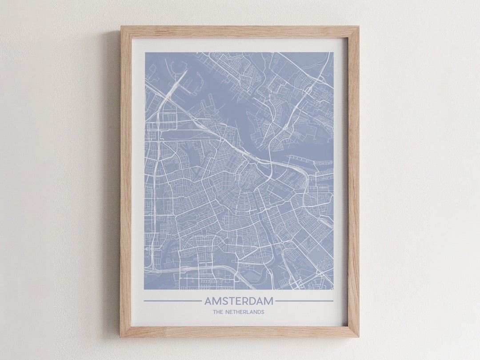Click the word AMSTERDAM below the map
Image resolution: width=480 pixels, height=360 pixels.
239,301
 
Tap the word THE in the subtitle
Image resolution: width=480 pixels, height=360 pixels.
218,312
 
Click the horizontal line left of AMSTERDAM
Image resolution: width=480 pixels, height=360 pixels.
172,301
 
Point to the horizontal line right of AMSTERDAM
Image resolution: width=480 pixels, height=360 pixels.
304,301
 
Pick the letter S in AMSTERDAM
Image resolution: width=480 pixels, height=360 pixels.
224,301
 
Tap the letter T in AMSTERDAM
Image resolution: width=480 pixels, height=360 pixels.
231,301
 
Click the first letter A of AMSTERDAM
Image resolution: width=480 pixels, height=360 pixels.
208,301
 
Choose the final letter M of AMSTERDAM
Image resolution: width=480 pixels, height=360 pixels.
269,301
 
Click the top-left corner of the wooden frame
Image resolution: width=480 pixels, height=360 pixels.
121,27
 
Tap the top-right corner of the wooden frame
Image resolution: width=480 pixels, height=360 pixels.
358,27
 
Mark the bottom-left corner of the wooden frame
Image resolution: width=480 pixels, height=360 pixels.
121,336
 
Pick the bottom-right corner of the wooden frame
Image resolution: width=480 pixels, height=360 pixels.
358,336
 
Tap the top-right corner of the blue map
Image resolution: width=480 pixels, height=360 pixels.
333,53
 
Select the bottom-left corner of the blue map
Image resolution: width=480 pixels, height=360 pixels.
145,289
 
